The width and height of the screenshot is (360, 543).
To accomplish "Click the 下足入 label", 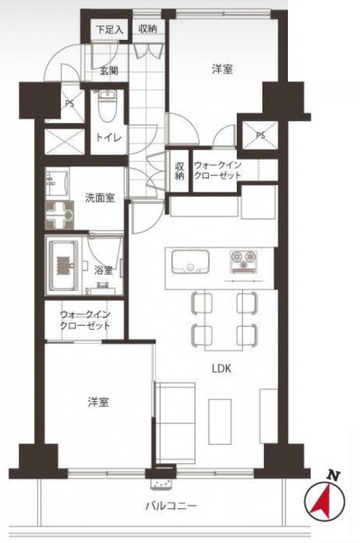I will click(x=110, y=29).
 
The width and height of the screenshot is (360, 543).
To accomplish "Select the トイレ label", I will click(x=106, y=136).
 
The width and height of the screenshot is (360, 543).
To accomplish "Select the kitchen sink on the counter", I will click(x=189, y=261).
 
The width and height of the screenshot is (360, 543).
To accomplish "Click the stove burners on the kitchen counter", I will click(x=245, y=257).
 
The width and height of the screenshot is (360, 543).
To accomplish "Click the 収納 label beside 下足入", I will click(x=147, y=29).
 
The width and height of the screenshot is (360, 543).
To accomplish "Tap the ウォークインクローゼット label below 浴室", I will click(x=85, y=320).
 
